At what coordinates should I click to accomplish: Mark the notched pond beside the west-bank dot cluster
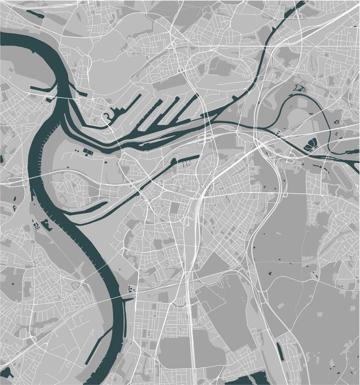[x=45, y=224]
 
